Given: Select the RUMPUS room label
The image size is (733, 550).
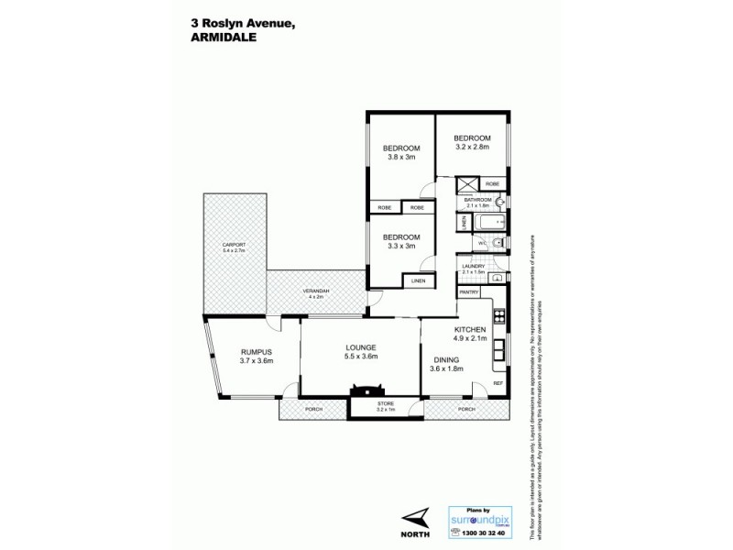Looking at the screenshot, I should pyautogui.click(x=257, y=351).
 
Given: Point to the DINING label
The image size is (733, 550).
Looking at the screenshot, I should pyautogui.click(x=447, y=359).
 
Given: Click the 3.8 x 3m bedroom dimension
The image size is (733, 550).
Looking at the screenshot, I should pyautogui.click(x=401, y=157).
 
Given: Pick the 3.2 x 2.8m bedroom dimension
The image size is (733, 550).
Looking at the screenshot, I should pyautogui.click(x=472, y=146).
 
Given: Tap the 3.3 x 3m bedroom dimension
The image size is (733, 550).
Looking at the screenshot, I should pyautogui.click(x=401, y=245).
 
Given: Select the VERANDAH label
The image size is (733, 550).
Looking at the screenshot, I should pyautogui.click(x=316, y=291).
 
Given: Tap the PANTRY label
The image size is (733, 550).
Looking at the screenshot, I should pyautogui.click(x=469, y=291).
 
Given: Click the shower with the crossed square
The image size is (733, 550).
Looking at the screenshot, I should pyautogui.click(x=468, y=183).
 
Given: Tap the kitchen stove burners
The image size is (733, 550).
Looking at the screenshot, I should pyautogui.click(x=499, y=317).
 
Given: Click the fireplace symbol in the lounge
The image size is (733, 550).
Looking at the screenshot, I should pyautogui.click(x=356, y=393).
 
